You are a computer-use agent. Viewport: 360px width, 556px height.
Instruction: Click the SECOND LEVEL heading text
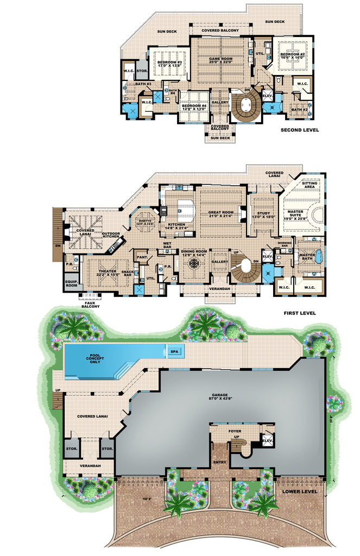coord(300,130)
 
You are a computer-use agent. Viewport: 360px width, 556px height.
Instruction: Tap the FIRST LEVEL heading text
coord(299,313)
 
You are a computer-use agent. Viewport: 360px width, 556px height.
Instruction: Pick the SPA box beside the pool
coord(174,351)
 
